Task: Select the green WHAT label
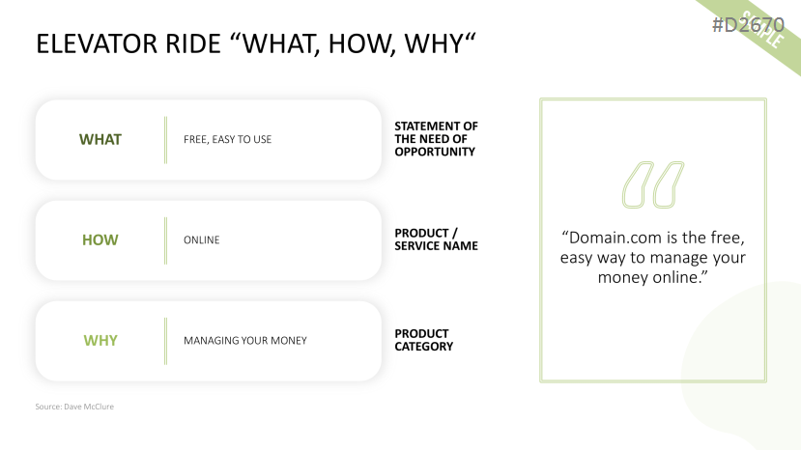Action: tap(100, 139)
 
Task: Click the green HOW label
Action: tap(100, 240)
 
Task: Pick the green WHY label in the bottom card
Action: tap(100, 341)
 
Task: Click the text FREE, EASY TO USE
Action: tap(227, 139)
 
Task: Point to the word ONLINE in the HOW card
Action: tap(201, 240)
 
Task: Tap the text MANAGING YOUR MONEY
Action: tap(245, 341)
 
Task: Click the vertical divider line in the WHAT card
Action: tap(165, 140)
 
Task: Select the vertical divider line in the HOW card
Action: tap(165, 240)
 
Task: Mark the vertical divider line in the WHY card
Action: tap(165, 341)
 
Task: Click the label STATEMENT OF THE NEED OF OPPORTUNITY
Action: tap(436, 139)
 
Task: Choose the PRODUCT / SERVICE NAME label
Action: tap(436, 239)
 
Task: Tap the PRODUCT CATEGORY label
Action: tap(423, 340)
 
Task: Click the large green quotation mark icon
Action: tap(653, 184)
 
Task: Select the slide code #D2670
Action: tap(748, 24)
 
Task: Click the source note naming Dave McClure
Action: tap(74, 407)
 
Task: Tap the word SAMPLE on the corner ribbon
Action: tap(762, 30)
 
